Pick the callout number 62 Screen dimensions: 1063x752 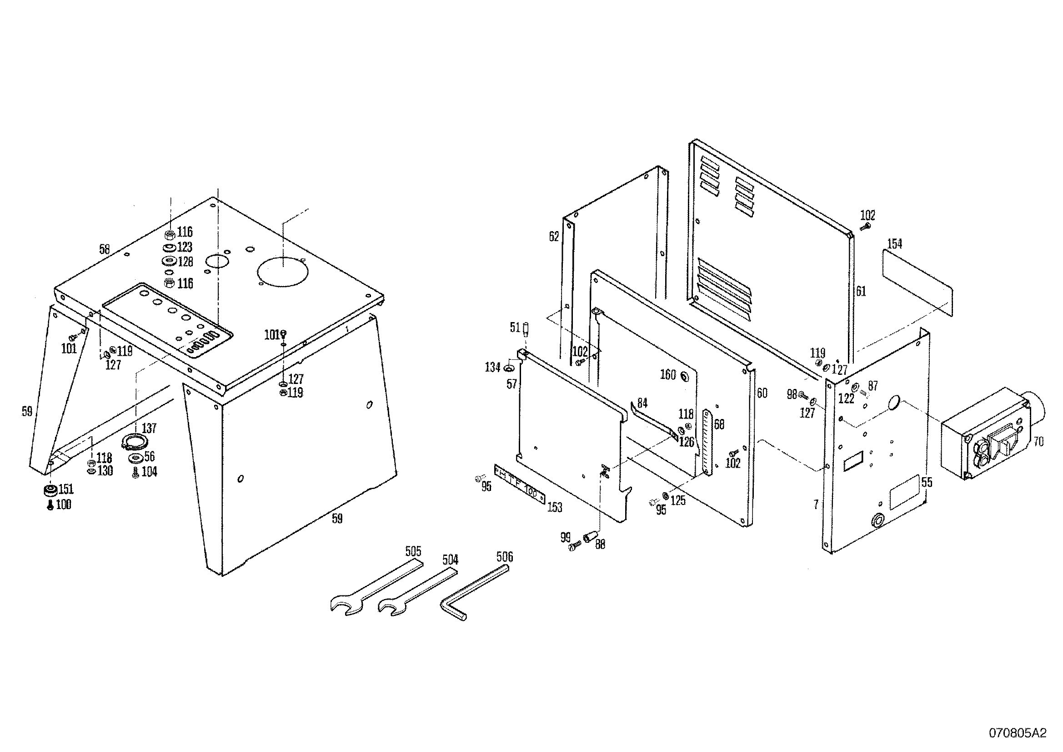(554, 236)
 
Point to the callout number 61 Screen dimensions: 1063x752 (860, 292)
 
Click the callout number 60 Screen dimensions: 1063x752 (762, 393)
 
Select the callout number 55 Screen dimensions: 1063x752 (927, 483)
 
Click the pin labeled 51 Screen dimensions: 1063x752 (526, 330)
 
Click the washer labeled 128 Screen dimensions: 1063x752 (169, 261)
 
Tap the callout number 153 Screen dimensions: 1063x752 (555, 507)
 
